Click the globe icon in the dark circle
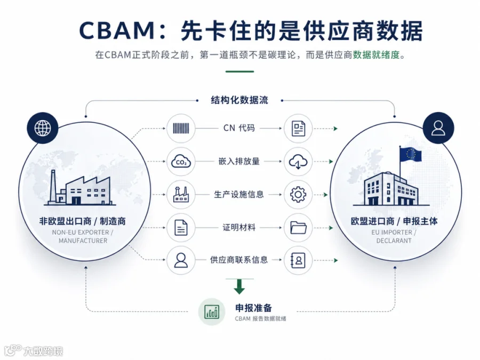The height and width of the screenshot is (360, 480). point(43,128)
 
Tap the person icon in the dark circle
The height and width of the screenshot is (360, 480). point(438,128)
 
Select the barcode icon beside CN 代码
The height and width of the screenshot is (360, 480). point(181,128)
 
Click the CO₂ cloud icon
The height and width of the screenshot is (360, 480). point(181,162)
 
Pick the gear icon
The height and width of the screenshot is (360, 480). point(298,194)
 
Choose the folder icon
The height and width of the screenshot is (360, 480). point(298,227)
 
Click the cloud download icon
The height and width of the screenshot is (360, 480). point(298,162)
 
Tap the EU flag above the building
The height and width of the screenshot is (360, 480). point(411,154)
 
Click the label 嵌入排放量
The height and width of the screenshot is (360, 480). point(239,161)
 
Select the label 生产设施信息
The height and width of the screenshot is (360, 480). point(239,194)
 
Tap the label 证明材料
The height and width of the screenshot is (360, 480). point(239,227)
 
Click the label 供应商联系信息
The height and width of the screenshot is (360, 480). point(239,260)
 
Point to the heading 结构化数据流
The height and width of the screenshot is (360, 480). point(239,100)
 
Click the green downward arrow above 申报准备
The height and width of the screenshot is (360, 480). point(239,286)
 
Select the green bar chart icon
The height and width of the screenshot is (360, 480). point(212,312)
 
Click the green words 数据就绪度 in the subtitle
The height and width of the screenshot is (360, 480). point(377,55)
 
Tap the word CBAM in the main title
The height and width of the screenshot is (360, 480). point(117,30)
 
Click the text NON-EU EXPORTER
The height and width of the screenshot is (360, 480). point(81,233)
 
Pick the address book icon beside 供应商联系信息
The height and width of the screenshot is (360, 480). point(298,260)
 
